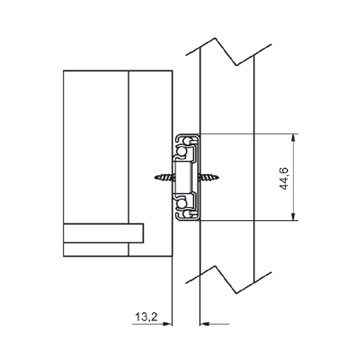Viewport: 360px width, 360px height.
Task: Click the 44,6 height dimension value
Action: click(285, 178)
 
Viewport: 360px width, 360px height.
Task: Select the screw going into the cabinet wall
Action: click(209, 177)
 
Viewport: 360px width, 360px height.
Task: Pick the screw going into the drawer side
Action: click(165, 177)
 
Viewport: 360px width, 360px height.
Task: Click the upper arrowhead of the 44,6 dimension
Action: click(293, 137)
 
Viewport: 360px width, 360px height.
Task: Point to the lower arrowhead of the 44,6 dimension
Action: click(293, 216)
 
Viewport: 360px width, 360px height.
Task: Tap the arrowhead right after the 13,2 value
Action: click(169, 324)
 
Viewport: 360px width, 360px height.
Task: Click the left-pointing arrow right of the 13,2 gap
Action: click(214, 324)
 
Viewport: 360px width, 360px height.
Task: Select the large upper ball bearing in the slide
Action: click(182, 152)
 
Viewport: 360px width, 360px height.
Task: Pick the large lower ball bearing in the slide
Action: click(182, 202)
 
